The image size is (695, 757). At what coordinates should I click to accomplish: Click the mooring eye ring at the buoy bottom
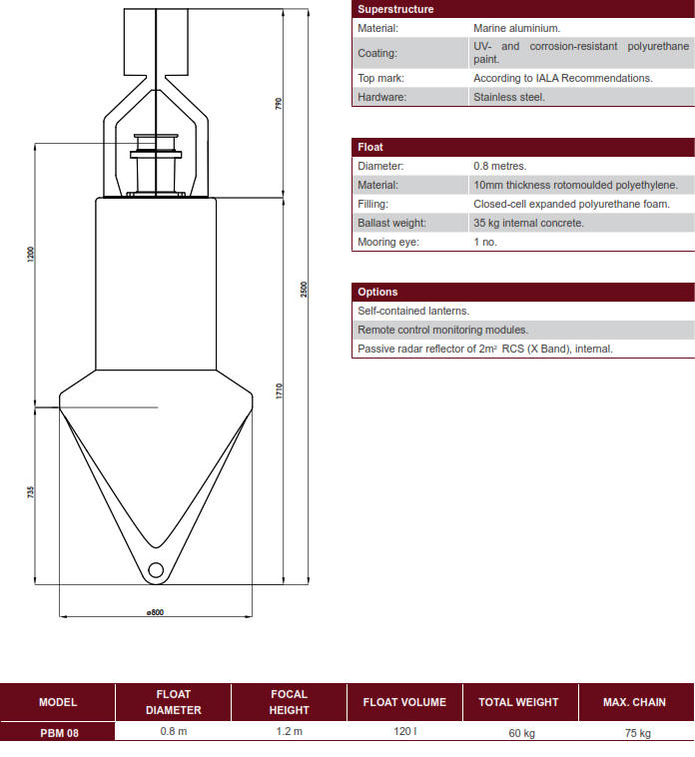pyautogui.click(x=155, y=571)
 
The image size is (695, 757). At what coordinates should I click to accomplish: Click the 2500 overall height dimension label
pyautogui.click(x=305, y=289)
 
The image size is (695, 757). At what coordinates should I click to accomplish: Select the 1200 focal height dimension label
pyautogui.click(x=30, y=254)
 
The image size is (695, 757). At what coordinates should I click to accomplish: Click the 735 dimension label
pyautogui.click(x=30, y=491)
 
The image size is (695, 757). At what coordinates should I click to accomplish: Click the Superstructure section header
pyautogui.click(x=395, y=9)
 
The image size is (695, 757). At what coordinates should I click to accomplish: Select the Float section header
pyautogui.click(x=370, y=147)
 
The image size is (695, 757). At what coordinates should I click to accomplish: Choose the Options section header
pyautogui.click(x=377, y=292)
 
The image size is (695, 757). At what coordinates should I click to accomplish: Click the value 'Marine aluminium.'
pyautogui.click(x=516, y=28)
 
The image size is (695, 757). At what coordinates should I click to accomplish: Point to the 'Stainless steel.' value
pyautogui.click(x=509, y=97)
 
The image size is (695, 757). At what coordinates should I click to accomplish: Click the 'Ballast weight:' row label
pyautogui.click(x=391, y=223)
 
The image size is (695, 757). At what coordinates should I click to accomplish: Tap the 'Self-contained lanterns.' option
pyautogui.click(x=413, y=311)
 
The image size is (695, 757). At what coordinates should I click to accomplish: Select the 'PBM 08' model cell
pyautogui.click(x=58, y=731)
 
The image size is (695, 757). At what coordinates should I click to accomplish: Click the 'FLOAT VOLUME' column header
pyautogui.click(x=404, y=702)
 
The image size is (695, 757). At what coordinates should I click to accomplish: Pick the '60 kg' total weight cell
pyautogui.click(x=520, y=732)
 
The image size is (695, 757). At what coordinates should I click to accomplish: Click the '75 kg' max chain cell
pyautogui.click(x=635, y=732)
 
